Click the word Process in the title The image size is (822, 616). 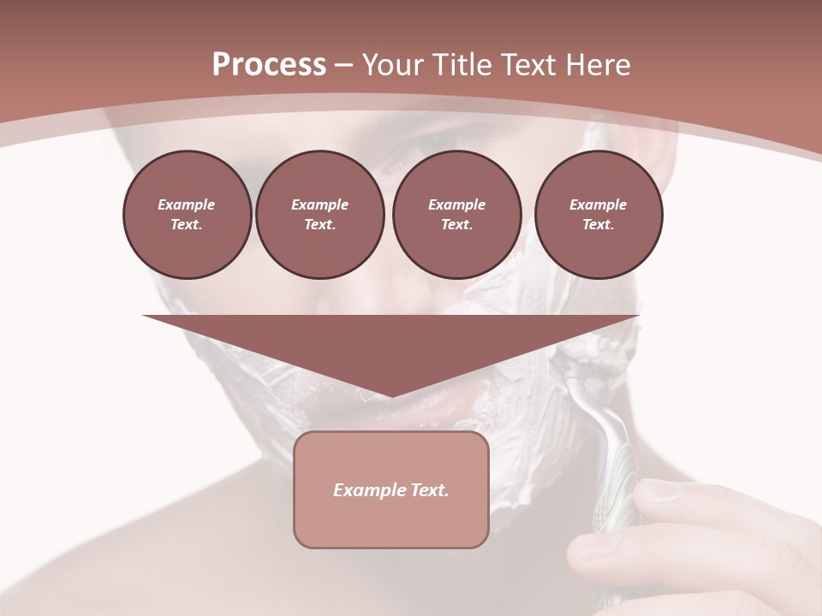269,65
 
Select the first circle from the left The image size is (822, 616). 187,215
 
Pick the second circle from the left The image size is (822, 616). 319,215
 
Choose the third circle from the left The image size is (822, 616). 456,215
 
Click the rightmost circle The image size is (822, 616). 598,215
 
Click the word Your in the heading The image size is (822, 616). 393,65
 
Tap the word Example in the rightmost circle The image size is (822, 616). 598,204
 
